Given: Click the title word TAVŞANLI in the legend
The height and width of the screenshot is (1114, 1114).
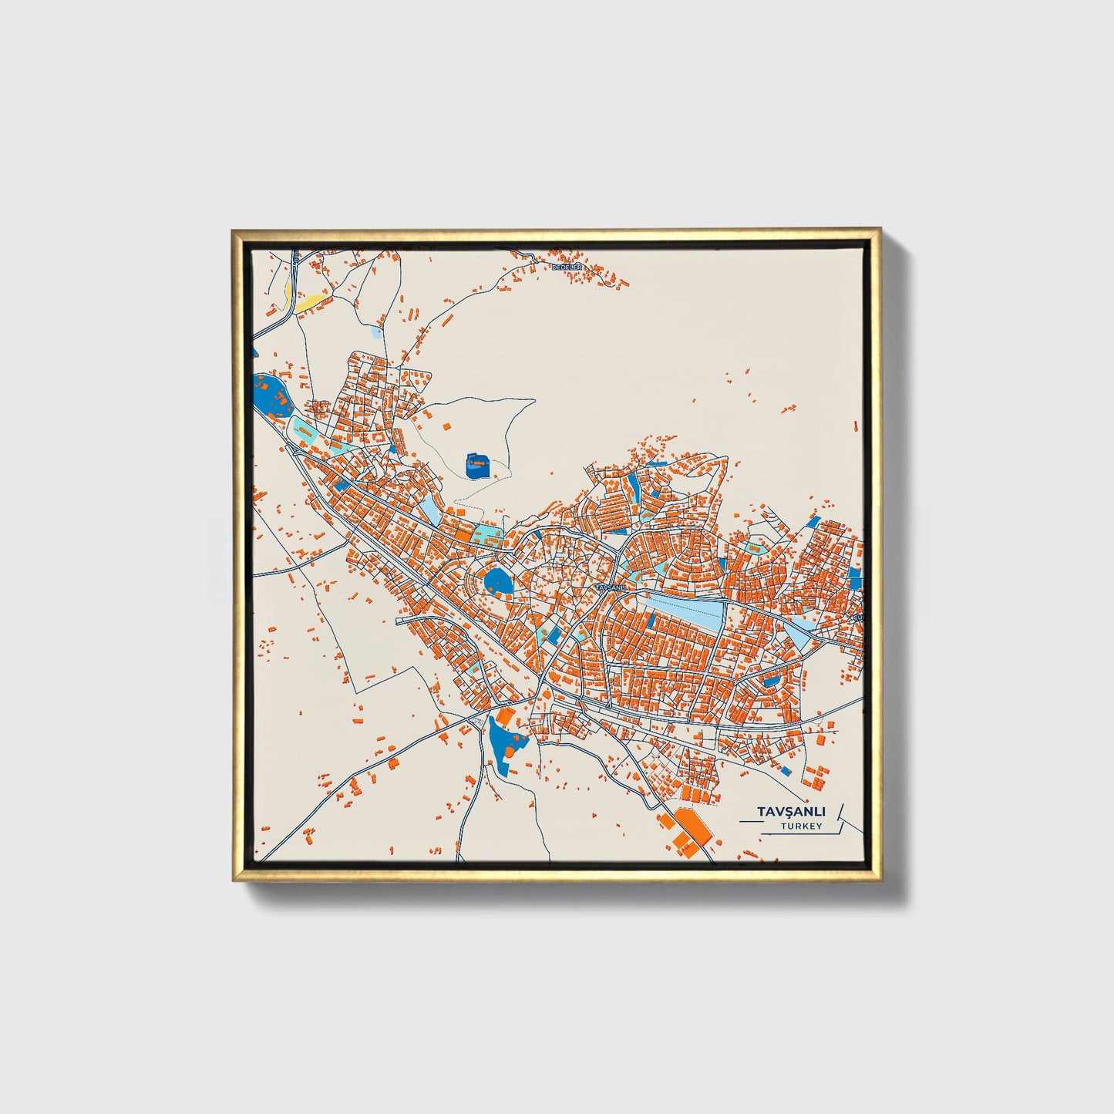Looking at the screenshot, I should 791,812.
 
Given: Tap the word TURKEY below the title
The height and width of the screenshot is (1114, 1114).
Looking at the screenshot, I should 800,826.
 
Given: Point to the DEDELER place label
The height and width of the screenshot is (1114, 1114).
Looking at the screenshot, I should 569,266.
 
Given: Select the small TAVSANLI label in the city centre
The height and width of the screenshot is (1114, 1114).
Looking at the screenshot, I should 612,587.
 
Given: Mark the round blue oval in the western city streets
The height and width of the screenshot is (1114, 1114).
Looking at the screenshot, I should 497,581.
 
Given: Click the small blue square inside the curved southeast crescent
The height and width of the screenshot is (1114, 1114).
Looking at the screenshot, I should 769,680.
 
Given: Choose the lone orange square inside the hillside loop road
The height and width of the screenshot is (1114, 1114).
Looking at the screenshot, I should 446,425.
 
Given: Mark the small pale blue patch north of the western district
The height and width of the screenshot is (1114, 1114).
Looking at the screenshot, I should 375,332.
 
